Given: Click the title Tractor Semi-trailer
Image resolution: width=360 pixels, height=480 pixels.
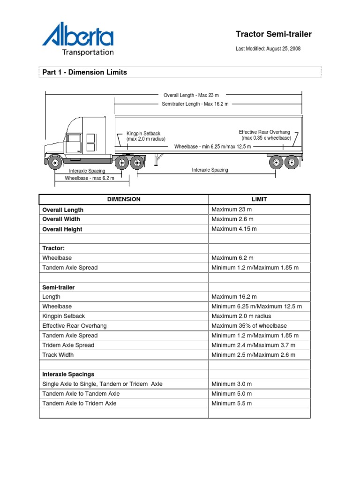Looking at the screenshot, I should pyautogui.click(x=273, y=34).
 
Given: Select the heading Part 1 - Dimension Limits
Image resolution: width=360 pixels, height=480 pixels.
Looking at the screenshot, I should pyautogui.click(x=84, y=72).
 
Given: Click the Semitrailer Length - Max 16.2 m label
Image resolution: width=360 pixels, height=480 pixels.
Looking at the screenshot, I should pyautogui.click(x=195, y=104).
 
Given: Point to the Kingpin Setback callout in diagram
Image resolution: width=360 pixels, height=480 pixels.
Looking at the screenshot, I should pyautogui.click(x=145, y=136).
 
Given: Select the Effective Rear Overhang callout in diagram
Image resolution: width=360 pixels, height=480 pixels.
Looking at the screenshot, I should pyautogui.click(x=264, y=135).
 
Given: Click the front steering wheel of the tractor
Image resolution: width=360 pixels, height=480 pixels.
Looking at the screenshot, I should pyautogui.click(x=55, y=163).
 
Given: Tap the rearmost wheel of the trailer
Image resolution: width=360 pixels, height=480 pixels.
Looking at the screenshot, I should pyautogui.click(x=291, y=162).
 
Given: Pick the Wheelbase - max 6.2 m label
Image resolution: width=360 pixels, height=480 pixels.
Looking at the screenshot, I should pyautogui.click(x=89, y=178).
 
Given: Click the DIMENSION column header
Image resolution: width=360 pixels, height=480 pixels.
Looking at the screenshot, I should pyautogui.click(x=124, y=199).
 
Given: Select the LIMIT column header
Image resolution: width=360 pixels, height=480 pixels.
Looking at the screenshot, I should pyautogui.click(x=259, y=199).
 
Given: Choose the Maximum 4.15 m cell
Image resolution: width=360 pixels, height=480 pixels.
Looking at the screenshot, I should pyautogui.click(x=234, y=229).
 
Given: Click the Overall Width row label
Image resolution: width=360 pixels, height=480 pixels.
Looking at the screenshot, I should pyautogui.click(x=61, y=219).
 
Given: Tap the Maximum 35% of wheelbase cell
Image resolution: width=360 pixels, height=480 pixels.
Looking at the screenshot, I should pyautogui.click(x=249, y=326).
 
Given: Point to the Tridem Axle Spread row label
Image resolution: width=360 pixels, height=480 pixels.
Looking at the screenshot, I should pyautogui.click(x=68, y=345).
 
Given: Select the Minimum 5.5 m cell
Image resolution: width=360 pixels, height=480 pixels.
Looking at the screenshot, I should pyautogui.click(x=232, y=403).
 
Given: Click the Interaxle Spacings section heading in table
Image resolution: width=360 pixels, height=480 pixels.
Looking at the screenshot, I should pyautogui.click(x=68, y=374).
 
